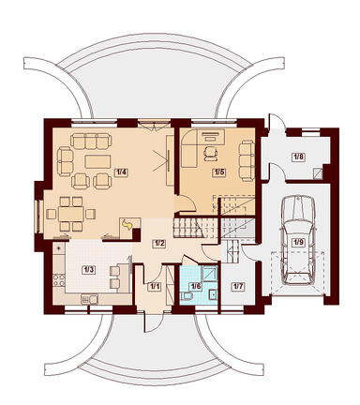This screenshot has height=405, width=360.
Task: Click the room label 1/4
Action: point(122,172)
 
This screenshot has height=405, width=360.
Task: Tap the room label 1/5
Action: point(219,172)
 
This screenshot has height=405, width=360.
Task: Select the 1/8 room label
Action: point(298,157)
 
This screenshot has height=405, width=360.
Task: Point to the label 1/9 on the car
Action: point(298,242)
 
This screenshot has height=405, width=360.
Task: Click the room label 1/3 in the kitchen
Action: point(88,270)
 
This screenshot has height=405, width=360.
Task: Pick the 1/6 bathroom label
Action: point(196,286)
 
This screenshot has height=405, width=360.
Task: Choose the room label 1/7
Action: point(238,286)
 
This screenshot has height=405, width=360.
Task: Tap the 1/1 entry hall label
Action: point(155,287)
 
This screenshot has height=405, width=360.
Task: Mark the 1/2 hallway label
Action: point(158,244)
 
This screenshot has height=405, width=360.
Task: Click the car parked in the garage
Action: point(298,240)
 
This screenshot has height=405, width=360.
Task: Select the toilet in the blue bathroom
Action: point(187,296)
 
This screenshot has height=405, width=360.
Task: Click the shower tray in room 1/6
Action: point(209,273)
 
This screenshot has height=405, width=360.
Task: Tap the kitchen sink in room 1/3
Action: point(89,299)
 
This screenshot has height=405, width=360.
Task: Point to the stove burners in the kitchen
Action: point(59,280)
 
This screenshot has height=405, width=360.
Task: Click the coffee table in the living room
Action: point(97,162)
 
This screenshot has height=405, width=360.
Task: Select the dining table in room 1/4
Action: point(71,214)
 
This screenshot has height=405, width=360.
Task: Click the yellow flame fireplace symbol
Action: point(127,224)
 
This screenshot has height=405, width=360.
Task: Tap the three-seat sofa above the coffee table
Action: point(91,142)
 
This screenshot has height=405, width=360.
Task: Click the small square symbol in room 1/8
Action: point(318,173)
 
